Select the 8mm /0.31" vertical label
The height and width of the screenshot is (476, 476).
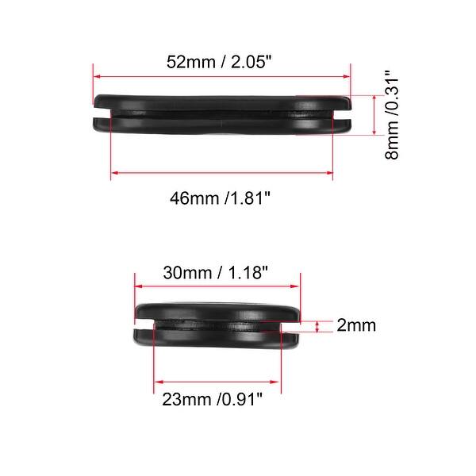[x=391, y=116]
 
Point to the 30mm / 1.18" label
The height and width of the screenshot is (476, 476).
[x=216, y=272]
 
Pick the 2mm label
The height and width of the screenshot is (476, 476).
[x=356, y=325]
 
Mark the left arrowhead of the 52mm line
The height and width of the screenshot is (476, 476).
[x=97, y=77]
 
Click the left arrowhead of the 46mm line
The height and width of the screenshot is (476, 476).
[x=113, y=172]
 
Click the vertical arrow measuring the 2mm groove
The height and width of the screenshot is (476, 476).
[x=318, y=325]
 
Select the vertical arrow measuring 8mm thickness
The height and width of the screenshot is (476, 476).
[x=372, y=116]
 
